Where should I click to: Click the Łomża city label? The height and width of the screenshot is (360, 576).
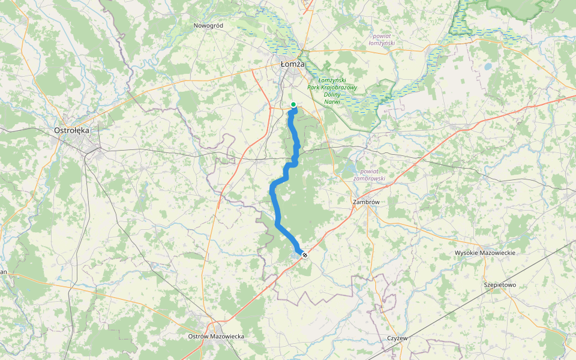point(293,64)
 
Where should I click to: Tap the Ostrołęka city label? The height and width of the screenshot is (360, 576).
point(72,130)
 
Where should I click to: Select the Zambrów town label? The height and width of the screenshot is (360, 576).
point(366,202)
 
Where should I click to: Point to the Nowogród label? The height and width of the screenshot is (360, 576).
point(208,25)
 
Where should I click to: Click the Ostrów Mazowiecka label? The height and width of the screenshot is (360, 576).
point(216,337)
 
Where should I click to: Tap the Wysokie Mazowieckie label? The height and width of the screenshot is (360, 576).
point(485,253)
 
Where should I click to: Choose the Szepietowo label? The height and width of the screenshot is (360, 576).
point(499,284)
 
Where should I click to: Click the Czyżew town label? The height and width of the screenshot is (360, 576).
point(397,338)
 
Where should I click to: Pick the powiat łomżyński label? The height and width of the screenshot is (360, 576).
point(382,40)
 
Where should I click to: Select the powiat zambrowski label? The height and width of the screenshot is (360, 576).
point(369,174)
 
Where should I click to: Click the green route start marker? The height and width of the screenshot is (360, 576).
point(293,105)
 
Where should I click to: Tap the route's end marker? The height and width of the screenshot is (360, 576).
point(305,255)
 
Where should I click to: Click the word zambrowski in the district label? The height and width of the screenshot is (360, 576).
point(369,178)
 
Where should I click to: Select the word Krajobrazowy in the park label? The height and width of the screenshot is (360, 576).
point(340,88)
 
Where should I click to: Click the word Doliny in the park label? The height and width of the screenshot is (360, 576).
point(332,95)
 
